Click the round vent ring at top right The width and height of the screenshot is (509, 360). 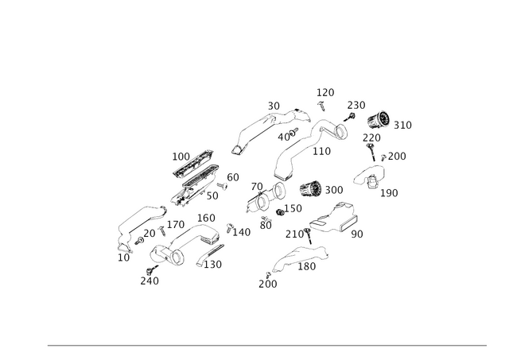coord(379,121)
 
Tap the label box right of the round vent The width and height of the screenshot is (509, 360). coord(404,124)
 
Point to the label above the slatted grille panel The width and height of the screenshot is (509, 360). coord(180,154)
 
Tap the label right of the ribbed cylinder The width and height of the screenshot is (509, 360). coord(334,190)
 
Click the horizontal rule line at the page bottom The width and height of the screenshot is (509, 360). coord(266,343)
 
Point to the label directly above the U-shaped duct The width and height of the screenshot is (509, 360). coord(206,217)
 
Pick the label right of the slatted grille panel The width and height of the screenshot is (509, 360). coord(232,176)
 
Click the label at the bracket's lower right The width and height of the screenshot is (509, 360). coord(390,192)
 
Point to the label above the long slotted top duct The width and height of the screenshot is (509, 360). coord(274,104)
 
